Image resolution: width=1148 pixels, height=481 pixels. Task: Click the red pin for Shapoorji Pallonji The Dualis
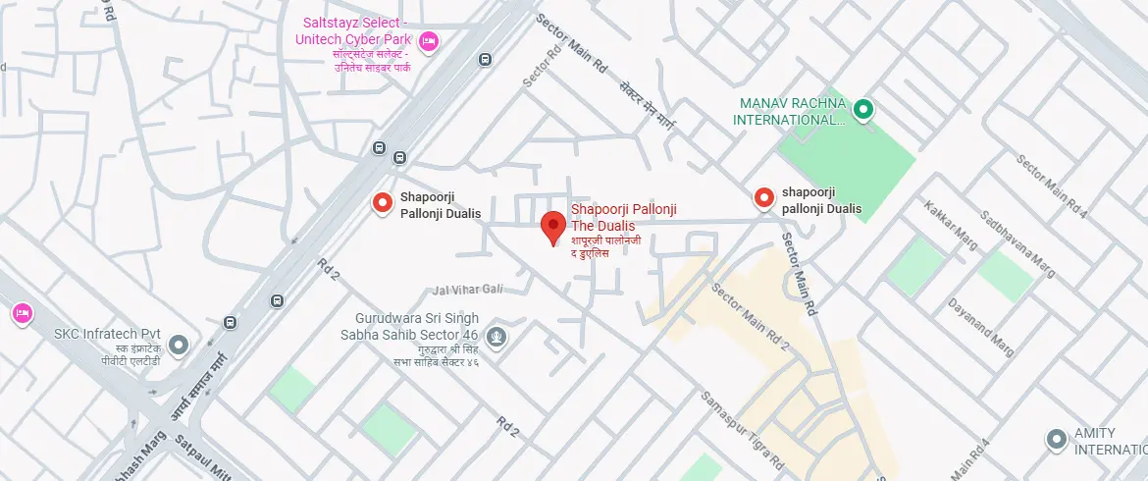click(x=553, y=225)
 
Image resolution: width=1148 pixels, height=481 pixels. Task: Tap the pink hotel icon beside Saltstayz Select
click(x=428, y=41)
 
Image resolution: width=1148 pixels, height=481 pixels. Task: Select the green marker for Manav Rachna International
click(x=862, y=110)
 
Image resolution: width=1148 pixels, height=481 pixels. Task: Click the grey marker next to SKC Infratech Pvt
click(x=179, y=345)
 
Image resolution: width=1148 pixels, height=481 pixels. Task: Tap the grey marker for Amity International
click(x=1056, y=439)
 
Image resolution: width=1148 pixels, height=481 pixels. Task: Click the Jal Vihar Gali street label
click(x=467, y=290)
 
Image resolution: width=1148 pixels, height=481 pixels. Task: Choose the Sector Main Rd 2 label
click(x=750, y=317)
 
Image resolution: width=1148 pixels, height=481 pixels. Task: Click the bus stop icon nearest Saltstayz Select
click(x=484, y=60)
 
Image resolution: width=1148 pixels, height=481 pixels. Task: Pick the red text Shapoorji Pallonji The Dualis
click(x=623, y=217)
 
